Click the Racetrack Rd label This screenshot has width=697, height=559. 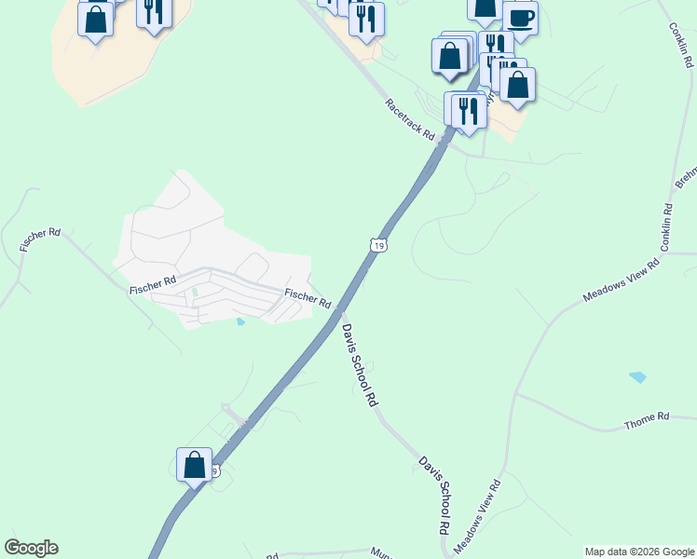pos(411,118)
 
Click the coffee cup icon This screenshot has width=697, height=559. pos(520,17)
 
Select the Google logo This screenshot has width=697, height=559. pos(31,548)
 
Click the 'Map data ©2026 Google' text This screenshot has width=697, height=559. pos(639,552)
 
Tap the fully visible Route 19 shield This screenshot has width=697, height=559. pos(376,245)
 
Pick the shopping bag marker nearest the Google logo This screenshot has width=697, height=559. pos(194,465)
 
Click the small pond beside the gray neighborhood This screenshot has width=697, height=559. pos(240,322)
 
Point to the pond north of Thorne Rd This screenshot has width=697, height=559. pos(637,377)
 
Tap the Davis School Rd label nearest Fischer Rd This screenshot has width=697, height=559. pos(359,364)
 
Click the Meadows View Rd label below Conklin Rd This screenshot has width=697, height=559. pos(621,280)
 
